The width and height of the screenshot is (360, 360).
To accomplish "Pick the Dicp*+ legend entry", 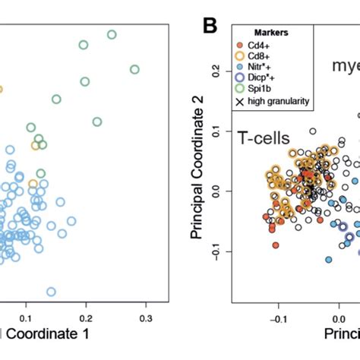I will click(269, 78).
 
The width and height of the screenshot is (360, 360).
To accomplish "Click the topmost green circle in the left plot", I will click(112, 34).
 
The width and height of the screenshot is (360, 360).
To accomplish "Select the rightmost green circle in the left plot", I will click(134, 69).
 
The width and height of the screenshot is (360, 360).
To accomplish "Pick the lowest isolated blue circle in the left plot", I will click(51, 292).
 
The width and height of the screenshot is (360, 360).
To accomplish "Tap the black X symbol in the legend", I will click(242, 101).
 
